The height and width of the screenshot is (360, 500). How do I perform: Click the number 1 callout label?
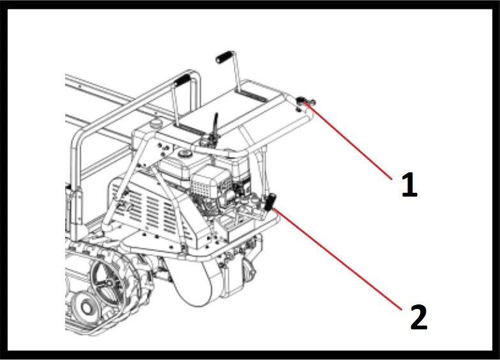409,184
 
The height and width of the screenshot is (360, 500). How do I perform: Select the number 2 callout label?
418,317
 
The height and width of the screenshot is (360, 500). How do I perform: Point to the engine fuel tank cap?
186,154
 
